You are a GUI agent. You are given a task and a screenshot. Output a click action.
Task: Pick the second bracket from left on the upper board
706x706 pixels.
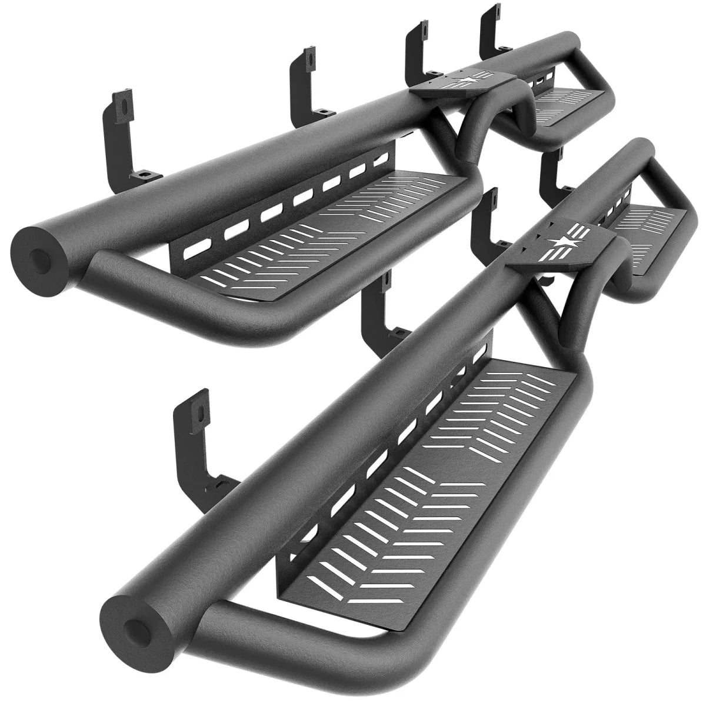[x=306, y=82]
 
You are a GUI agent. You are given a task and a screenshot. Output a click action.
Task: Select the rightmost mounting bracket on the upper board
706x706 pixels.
[x=491, y=29]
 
